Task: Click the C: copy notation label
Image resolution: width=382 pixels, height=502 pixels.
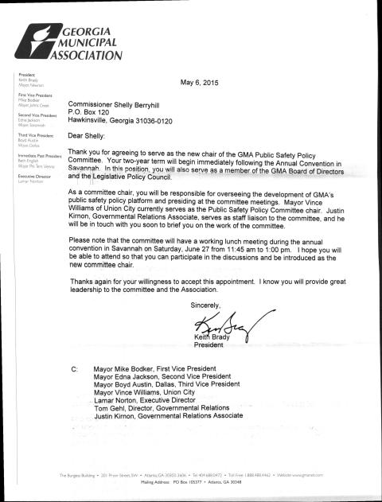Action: (x=74, y=370)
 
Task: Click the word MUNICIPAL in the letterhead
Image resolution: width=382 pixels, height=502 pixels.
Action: (x=80, y=43)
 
